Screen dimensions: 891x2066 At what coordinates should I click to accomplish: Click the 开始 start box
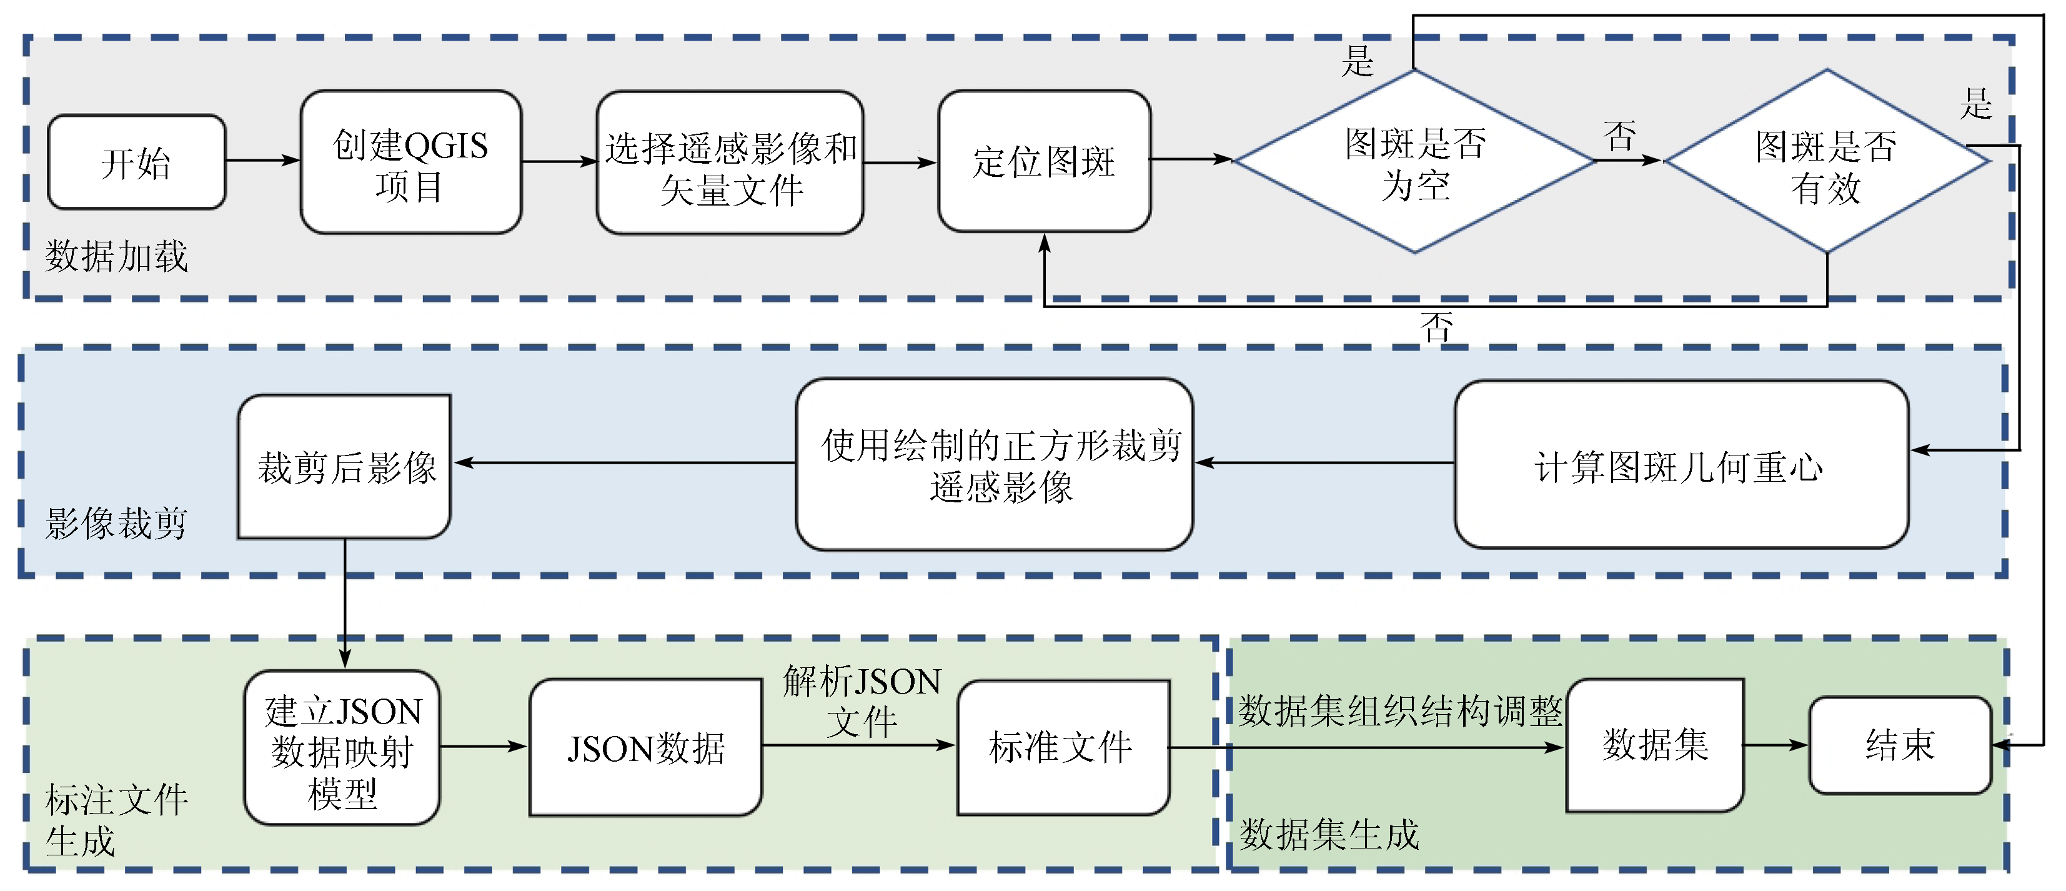coord(136,162)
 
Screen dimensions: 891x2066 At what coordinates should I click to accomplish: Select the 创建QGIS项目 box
coord(410,163)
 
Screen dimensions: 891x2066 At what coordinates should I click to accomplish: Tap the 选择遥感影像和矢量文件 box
coord(730,164)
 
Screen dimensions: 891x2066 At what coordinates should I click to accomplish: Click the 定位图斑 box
coord(1044,161)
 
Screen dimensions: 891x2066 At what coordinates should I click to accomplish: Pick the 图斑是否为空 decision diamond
coord(1415,161)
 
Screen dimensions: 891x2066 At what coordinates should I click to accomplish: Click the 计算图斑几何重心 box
coord(1681,465)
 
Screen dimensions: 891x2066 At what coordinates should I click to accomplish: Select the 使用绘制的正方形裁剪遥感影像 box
coord(995,465)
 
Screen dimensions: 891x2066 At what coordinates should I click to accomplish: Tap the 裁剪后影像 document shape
coord(345,467)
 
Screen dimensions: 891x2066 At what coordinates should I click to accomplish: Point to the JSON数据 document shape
coord(645,747)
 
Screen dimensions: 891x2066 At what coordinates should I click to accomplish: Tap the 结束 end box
coord(1900,745)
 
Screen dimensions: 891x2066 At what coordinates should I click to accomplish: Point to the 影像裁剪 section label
coord(116,524)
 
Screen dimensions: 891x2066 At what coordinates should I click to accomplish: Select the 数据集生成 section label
coord(1329,835)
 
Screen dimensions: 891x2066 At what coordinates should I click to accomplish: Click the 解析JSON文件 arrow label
coord(862,701)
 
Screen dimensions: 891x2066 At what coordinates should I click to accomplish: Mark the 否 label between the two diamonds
coord(1619,136)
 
